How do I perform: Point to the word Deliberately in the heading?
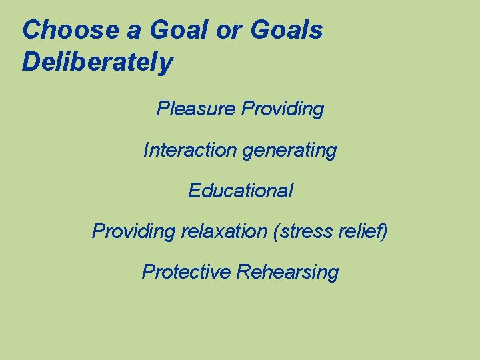[97, 63]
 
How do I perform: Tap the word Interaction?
[189, 150]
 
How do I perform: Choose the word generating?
[289, 151]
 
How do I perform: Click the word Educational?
[240, 191]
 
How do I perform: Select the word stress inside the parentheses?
[305, 231]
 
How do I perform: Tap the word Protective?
[186, 272]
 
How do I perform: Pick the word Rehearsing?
[288, 273]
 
